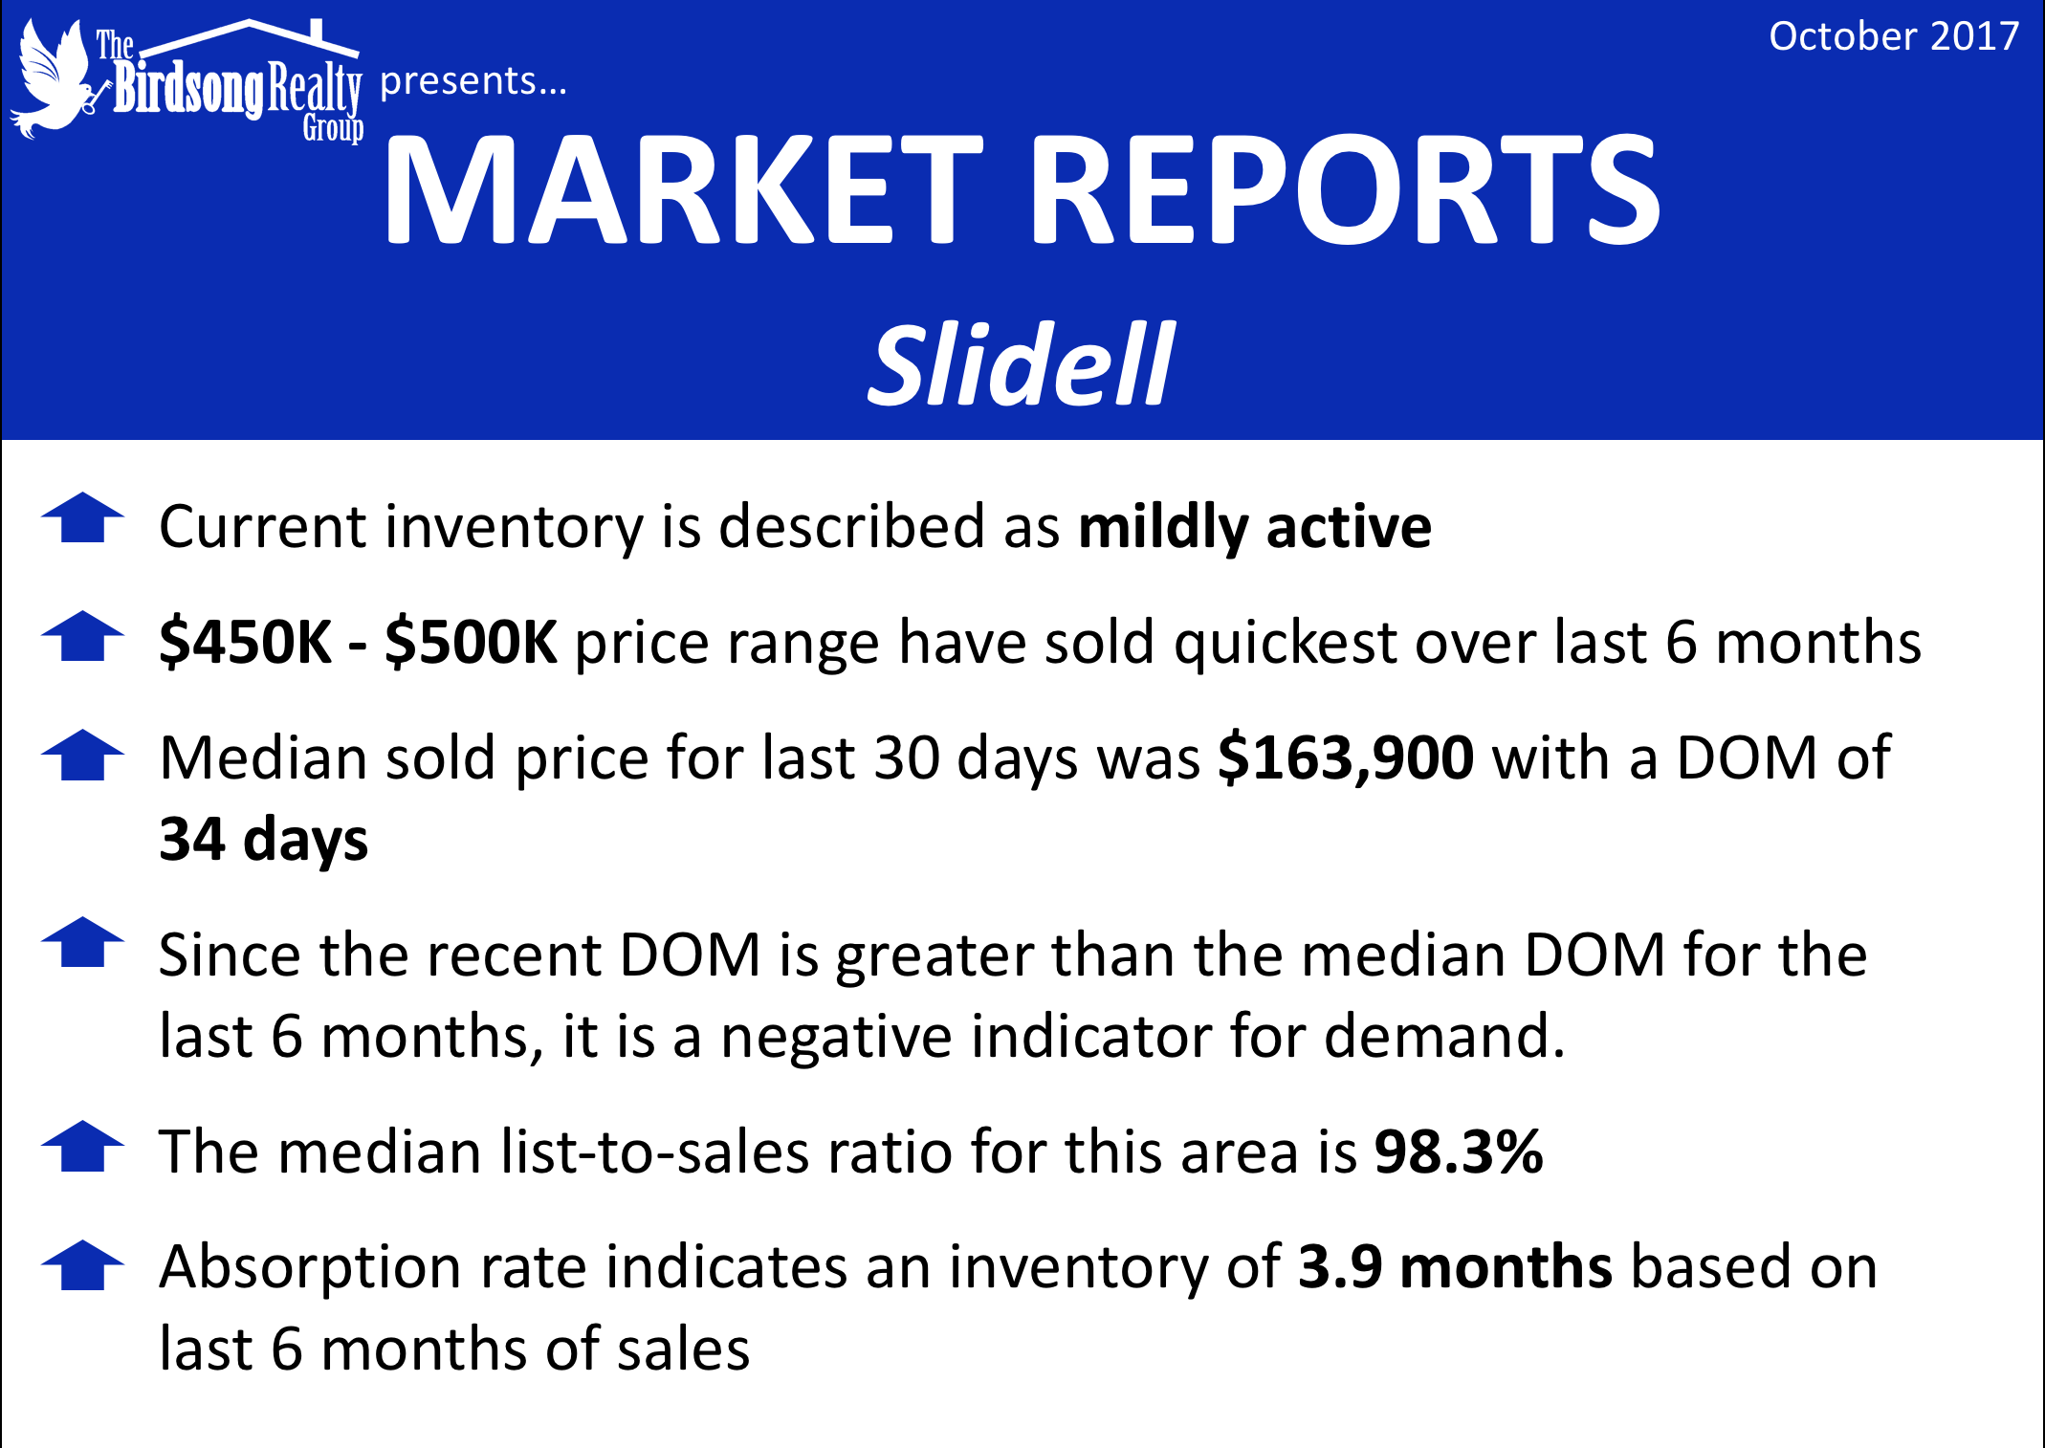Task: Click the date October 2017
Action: pyautogui.click(x=1894, y=36)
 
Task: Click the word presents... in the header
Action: pyautogui.click(x=473, y=82)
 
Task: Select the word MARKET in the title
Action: pyautogui.click(x=683, y=189)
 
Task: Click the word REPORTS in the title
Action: pyautogui.click(x=1345, y=189)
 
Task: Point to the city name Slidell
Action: pyautogui.click(x=1021, y=363)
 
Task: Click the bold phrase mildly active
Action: pyautogui.click(x=1255, y=527)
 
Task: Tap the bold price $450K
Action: pyautogui.click(x=245, y=642)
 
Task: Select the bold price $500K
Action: pyautogui.click(x=471, y=642)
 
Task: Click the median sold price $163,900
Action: pyautogui.click(x=1346, y=758)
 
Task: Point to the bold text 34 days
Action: pyautogui.click(x=264, y=840)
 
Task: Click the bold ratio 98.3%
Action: pyautogui.click(x=1459, y=1152)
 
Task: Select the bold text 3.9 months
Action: pyautogui.click(x=1455, y=1267)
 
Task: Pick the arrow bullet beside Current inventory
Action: pyautogui.click(x=83, y=517)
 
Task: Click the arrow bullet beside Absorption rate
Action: pyautogui.click(x=83, y=1265)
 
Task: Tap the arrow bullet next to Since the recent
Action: pyautogui.click(x=83, y=942)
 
